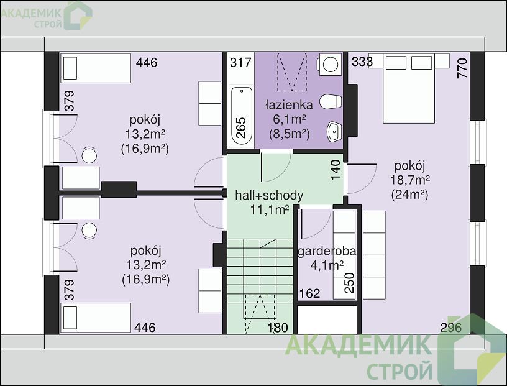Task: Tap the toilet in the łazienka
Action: [x=331, y=101]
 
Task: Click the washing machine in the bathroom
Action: [x=330, y=65]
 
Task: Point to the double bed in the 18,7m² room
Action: [x=409, y=88]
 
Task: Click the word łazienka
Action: [x=289, y=105]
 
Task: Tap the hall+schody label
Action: [x=269, y=195]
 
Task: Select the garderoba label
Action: [x=327, y=251]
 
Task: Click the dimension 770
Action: [x=462, y=68]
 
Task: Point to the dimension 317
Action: [x=240, y=62]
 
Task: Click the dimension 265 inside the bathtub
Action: [x=241, y=128]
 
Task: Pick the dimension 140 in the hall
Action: [x=336, y=170]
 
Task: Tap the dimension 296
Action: [x=451, y=328]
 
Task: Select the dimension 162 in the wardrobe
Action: [x=310, y=293]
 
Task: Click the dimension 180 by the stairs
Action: [x=278, y=328]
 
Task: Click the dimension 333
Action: [x=362, y=61]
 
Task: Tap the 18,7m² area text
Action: [x=410, y=180]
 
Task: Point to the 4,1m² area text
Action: [x=327, y=265]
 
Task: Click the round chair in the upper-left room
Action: [x=89, y=155]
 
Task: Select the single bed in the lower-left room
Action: [x=96, y=318]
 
